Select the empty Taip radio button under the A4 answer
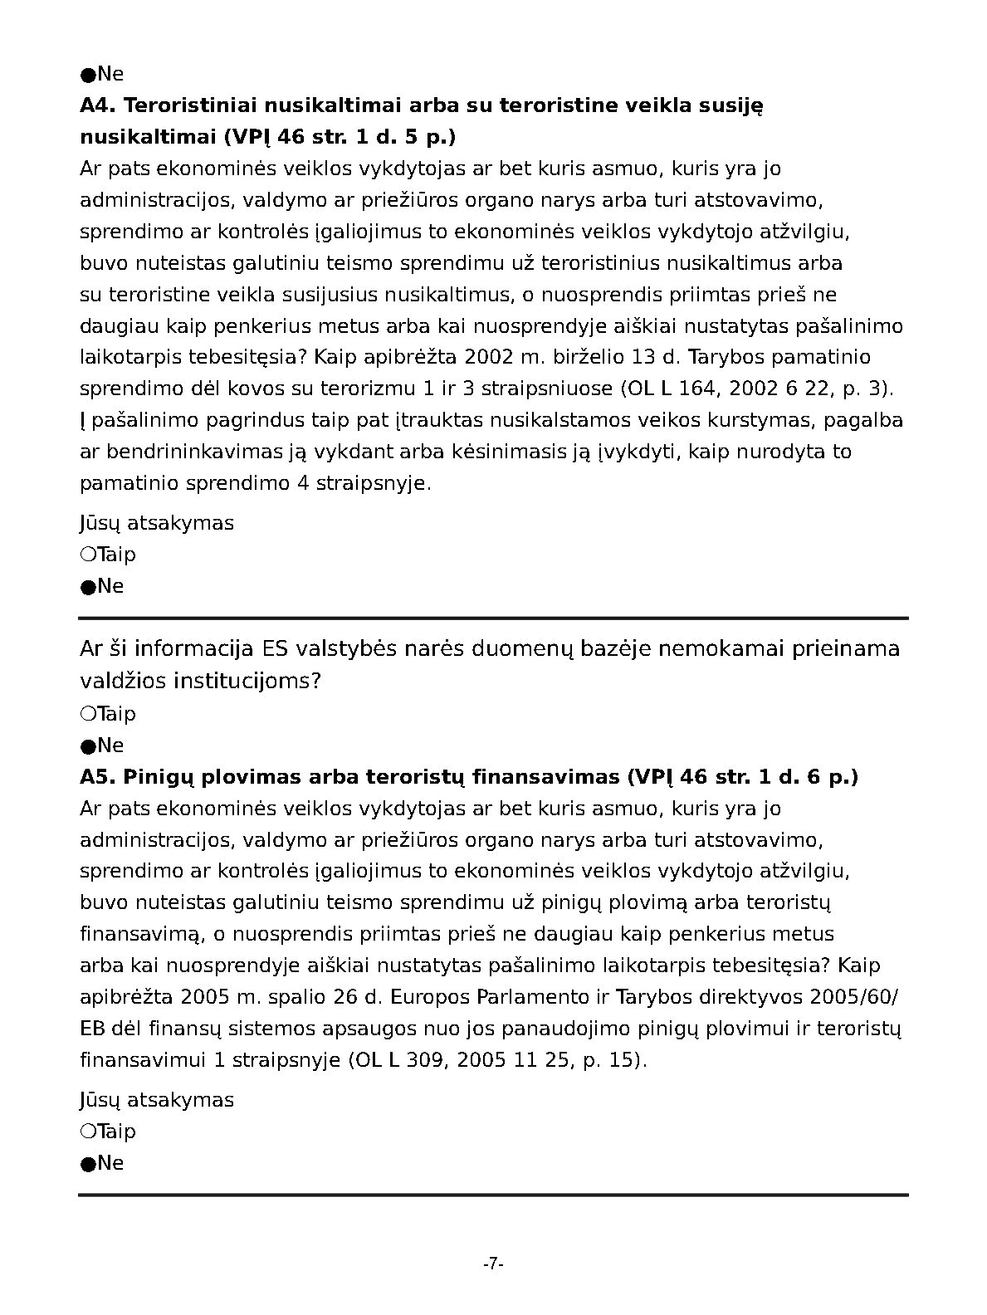[x=88, y=554]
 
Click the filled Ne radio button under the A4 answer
[x=88, y=586]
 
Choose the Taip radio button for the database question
[x=88, y=713]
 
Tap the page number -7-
[x=494, y=1264]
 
